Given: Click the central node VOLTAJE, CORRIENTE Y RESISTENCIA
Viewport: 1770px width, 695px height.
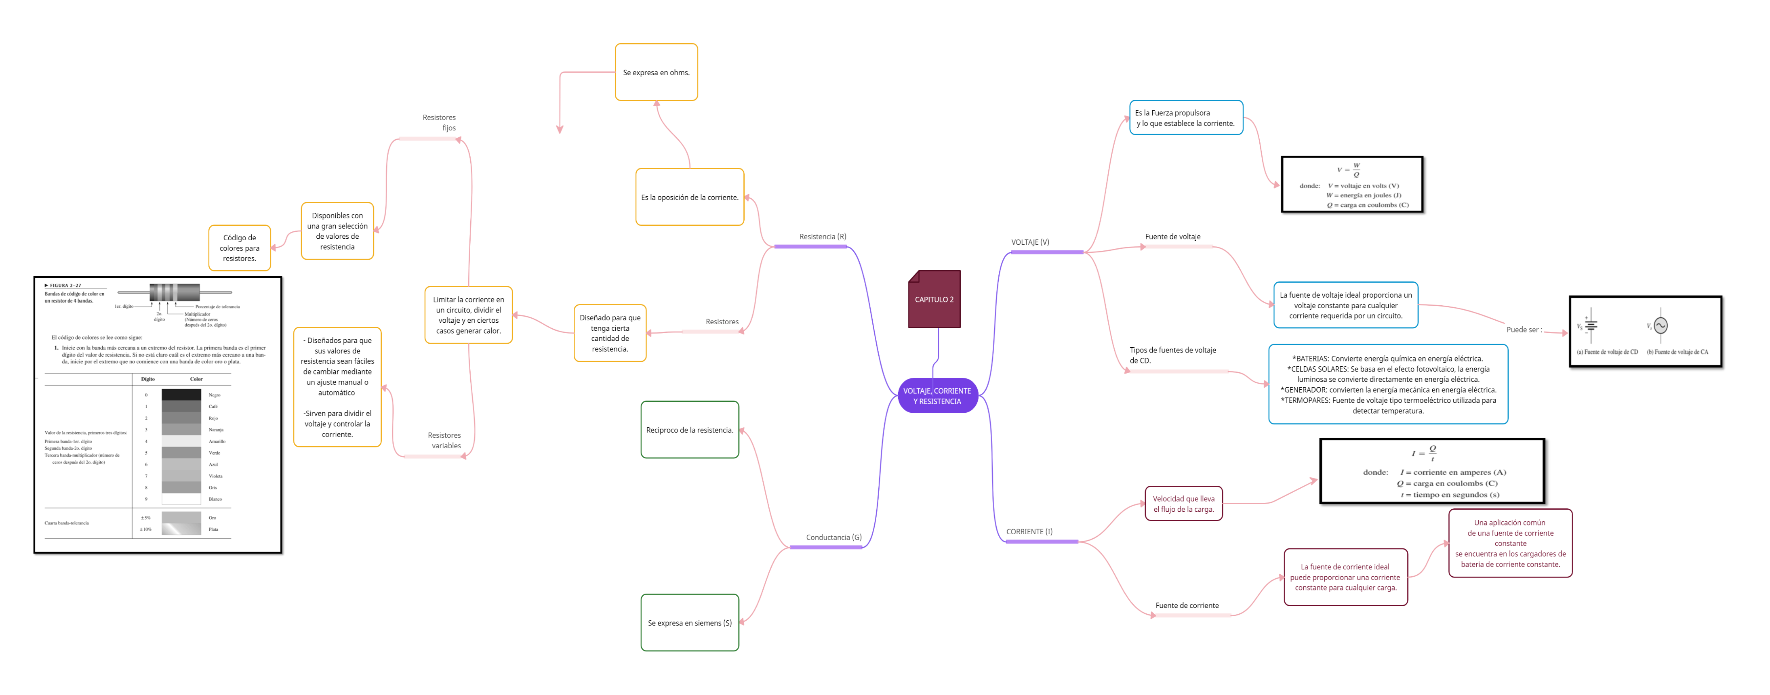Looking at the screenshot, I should (x=937, y=396).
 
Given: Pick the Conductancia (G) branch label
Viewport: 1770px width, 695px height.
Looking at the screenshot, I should (x=827, y=537).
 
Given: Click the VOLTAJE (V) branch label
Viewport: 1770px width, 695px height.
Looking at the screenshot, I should (x=1046, y=242).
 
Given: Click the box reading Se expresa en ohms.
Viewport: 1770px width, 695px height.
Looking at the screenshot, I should (x=656, y=72).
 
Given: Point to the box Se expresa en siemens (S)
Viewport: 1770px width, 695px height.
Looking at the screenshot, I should (x=689, y=623).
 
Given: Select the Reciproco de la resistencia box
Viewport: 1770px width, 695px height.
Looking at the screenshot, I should (x=689, y=430).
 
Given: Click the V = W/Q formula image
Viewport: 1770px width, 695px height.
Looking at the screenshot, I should (x=1351, y=184).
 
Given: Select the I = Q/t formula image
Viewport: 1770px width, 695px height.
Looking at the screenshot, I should (x=1431, y=471).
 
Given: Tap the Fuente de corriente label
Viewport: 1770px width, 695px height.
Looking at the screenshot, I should (x=1192, y=605).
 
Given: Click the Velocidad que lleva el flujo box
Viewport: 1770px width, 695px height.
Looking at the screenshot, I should (x=1183, y=504).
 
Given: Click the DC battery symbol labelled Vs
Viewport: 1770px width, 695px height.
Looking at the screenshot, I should (x=1591, y=325).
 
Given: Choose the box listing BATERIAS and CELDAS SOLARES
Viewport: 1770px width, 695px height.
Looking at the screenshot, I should (x=1388, y=384).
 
